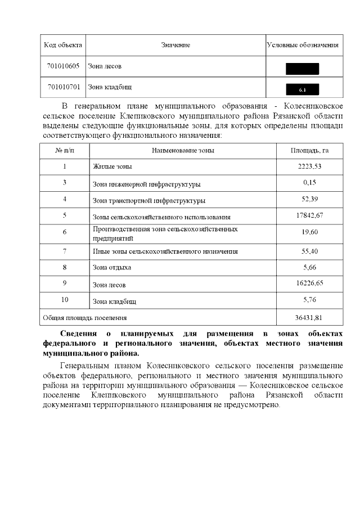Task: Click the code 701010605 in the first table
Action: tap(64, 66)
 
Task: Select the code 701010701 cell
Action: tap(64, 87)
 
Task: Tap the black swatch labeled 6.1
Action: tap(303, 89)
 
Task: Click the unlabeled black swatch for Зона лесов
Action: tap(303, 69)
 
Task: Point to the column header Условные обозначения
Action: tap(303, 45)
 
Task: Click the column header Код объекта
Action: tap(64, 45)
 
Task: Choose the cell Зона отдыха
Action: tap(112, 268)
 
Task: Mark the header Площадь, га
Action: tap(310, 151)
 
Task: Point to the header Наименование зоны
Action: tap(183, 151)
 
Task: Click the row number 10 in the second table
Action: tap(65, 300)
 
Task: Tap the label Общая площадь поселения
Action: tap(85, 318)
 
